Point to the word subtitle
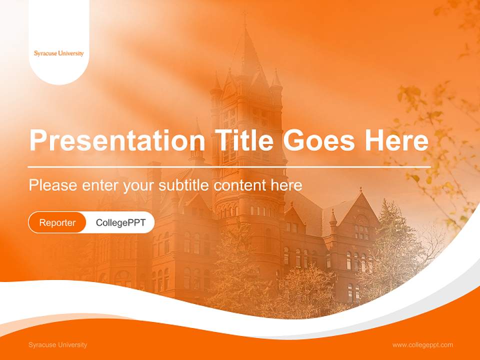(184, 185)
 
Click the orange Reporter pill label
(57, 222)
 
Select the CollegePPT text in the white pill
(120, 222)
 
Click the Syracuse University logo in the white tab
(59, 53)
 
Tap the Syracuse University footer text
(57, 345)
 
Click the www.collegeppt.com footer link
(422, 345)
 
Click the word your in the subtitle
(139, 185)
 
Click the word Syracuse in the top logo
(45, 53)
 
